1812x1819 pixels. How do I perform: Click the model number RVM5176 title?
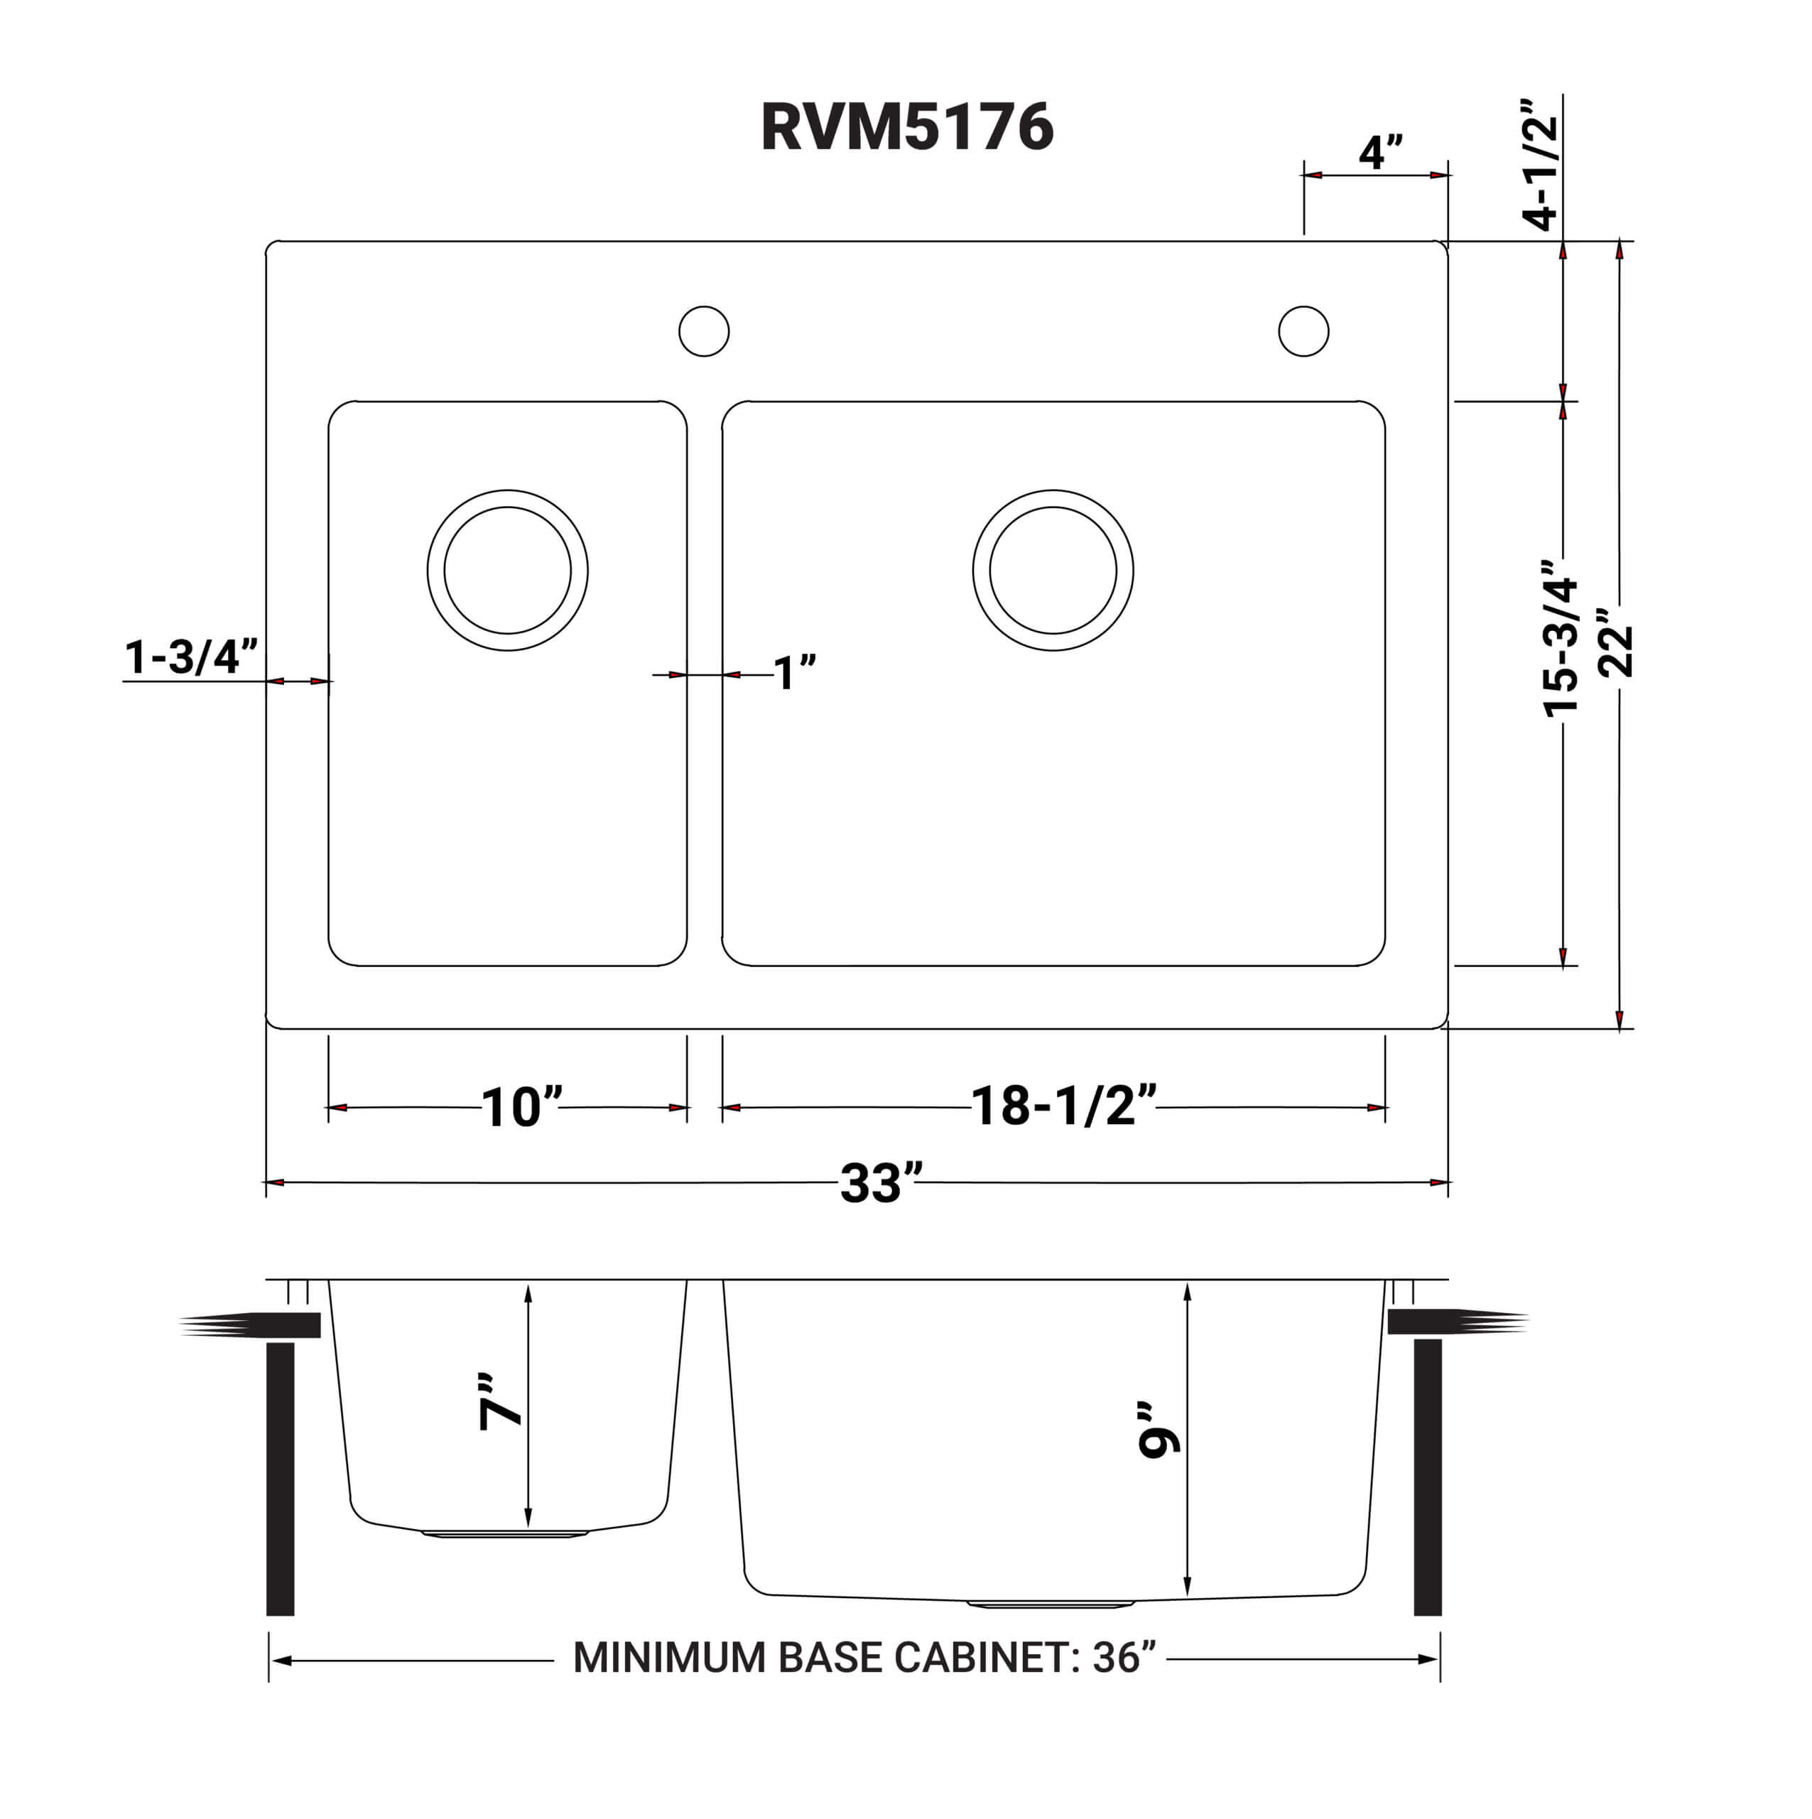(x=906, y=127)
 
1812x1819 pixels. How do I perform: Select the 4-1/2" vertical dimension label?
(x=1541, y=162)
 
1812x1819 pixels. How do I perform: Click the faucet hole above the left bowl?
(x=704, y=331)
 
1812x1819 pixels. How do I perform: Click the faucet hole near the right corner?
(x=1303, y=331)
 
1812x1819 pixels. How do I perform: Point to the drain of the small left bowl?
(x=507, y=571)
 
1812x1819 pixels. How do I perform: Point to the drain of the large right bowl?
(x=1053, y=571)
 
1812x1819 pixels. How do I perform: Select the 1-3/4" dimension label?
(x=191, y=657)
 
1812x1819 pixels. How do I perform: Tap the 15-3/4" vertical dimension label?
(x=1561, y=640)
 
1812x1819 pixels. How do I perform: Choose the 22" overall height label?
(x=1617, y=649)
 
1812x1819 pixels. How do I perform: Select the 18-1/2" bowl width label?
(x=1063, y=1106)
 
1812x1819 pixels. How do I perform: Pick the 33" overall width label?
(x=880, y=1184)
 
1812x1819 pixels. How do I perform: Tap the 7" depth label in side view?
(x=500, y=1402)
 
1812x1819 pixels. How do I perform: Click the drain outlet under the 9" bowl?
(x=1051, y=1602)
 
